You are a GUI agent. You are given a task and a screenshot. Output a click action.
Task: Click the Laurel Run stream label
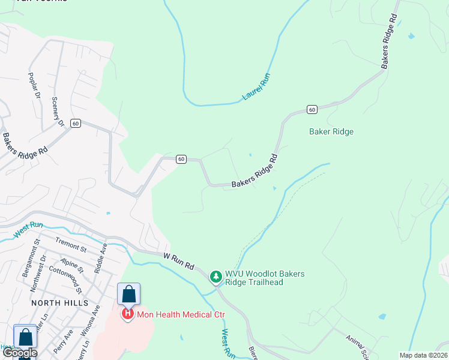257,86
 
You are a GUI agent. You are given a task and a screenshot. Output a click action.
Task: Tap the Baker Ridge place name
331,131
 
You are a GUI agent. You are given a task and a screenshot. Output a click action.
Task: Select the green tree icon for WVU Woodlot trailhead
215,277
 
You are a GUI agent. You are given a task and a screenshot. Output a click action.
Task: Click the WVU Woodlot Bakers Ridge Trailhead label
265,278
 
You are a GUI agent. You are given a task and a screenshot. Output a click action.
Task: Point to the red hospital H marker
128,313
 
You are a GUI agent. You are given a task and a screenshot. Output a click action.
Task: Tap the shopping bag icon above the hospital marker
128,294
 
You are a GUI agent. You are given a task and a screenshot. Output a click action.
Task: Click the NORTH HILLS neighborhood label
59,303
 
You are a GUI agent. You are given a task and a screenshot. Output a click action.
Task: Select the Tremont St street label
71,244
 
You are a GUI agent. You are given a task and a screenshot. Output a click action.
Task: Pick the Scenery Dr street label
58,111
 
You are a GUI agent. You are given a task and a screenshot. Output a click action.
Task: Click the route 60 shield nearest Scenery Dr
75,123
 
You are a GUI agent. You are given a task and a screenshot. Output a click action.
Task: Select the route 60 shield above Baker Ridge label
311,109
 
